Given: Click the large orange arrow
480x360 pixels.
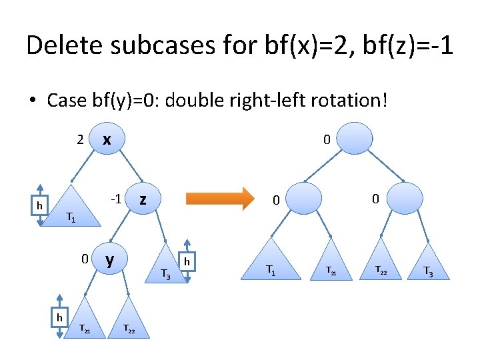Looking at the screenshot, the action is [x=220, y=199].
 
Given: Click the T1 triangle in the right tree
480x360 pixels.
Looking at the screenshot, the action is [x=271, y=264].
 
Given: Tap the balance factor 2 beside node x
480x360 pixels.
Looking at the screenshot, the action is [x=79, y=140].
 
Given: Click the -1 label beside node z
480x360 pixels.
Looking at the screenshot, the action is [x=115, y=199].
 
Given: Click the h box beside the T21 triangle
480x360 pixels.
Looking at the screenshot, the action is [x=59, y=317].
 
